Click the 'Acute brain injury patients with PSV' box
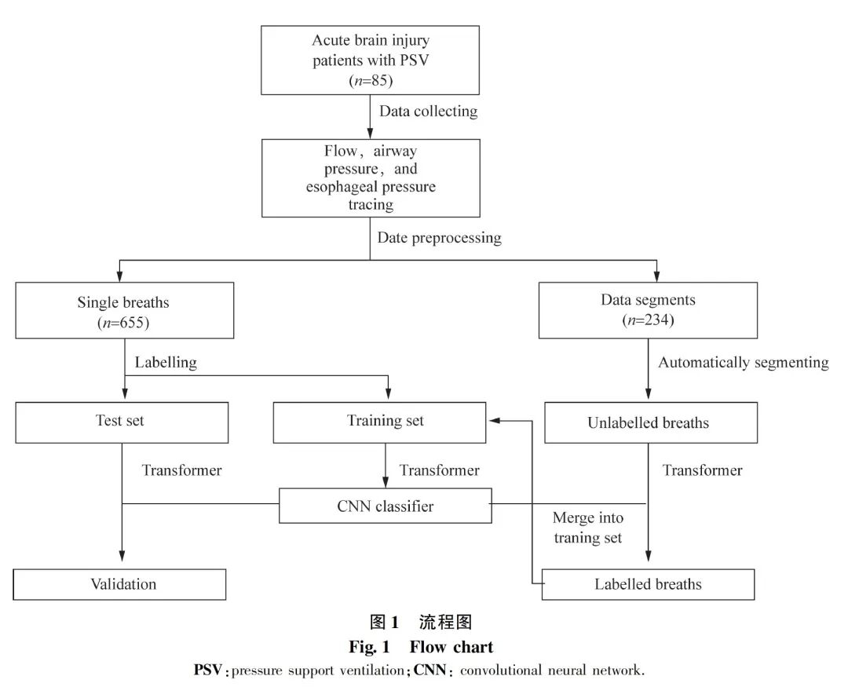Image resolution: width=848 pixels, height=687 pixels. tap(370, 60)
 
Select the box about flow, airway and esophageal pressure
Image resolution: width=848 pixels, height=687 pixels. tap(370, 177)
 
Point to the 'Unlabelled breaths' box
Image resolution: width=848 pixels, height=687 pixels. tap(649, 423)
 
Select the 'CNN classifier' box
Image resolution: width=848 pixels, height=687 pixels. tap(385, 506)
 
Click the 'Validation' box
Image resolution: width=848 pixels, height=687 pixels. tap(120, 584)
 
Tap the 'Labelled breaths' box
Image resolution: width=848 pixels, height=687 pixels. tap(648, 584)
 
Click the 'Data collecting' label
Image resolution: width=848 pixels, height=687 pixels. tap(428, 111)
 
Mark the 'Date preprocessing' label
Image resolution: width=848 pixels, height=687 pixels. tap(439, 238)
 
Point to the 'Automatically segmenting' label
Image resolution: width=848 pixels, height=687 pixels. tap(743, 363)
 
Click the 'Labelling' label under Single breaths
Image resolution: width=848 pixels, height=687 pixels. tap(166, 363)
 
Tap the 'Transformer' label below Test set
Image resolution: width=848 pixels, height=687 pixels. tap(181, 470)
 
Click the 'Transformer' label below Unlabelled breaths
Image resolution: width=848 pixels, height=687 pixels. tap(702, 470)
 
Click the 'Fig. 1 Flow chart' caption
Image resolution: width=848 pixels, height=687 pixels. tap(421, 648)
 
